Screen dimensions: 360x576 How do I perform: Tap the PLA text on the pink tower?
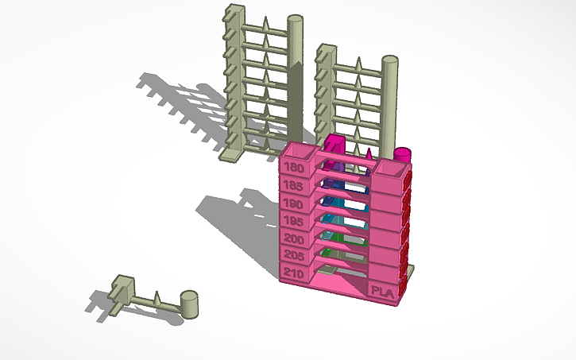coord(382,292)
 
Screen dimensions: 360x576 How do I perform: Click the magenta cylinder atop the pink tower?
coord(403,153)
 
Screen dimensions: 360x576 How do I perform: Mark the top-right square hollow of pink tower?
coord(392,167)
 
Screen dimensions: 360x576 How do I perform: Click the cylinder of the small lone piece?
coord(190,301)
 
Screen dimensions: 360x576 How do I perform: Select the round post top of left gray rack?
coord(295,19)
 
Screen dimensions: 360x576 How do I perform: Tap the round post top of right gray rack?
coord(390,60)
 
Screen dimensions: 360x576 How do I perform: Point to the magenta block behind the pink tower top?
coord(335,145)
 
